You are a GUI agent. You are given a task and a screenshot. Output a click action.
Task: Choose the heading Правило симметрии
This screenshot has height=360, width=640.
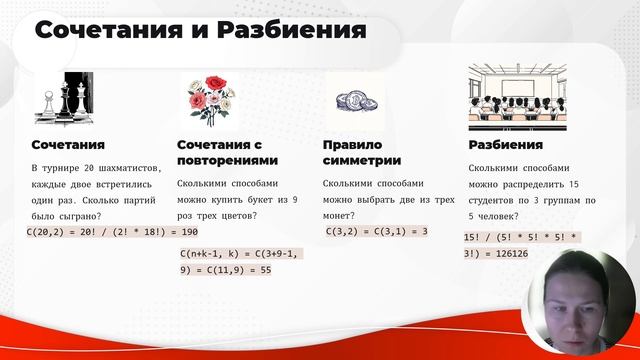(x=361, y=152)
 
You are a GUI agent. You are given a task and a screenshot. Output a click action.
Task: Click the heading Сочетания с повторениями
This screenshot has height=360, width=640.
(x=226, y=152)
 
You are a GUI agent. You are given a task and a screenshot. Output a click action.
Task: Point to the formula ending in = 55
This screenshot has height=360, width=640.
(x=240, y=262)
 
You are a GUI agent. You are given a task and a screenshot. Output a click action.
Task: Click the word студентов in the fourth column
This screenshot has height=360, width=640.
(x=502, y=200)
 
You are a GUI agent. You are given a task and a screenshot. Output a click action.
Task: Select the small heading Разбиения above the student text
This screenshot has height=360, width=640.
(x=505, y=145)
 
